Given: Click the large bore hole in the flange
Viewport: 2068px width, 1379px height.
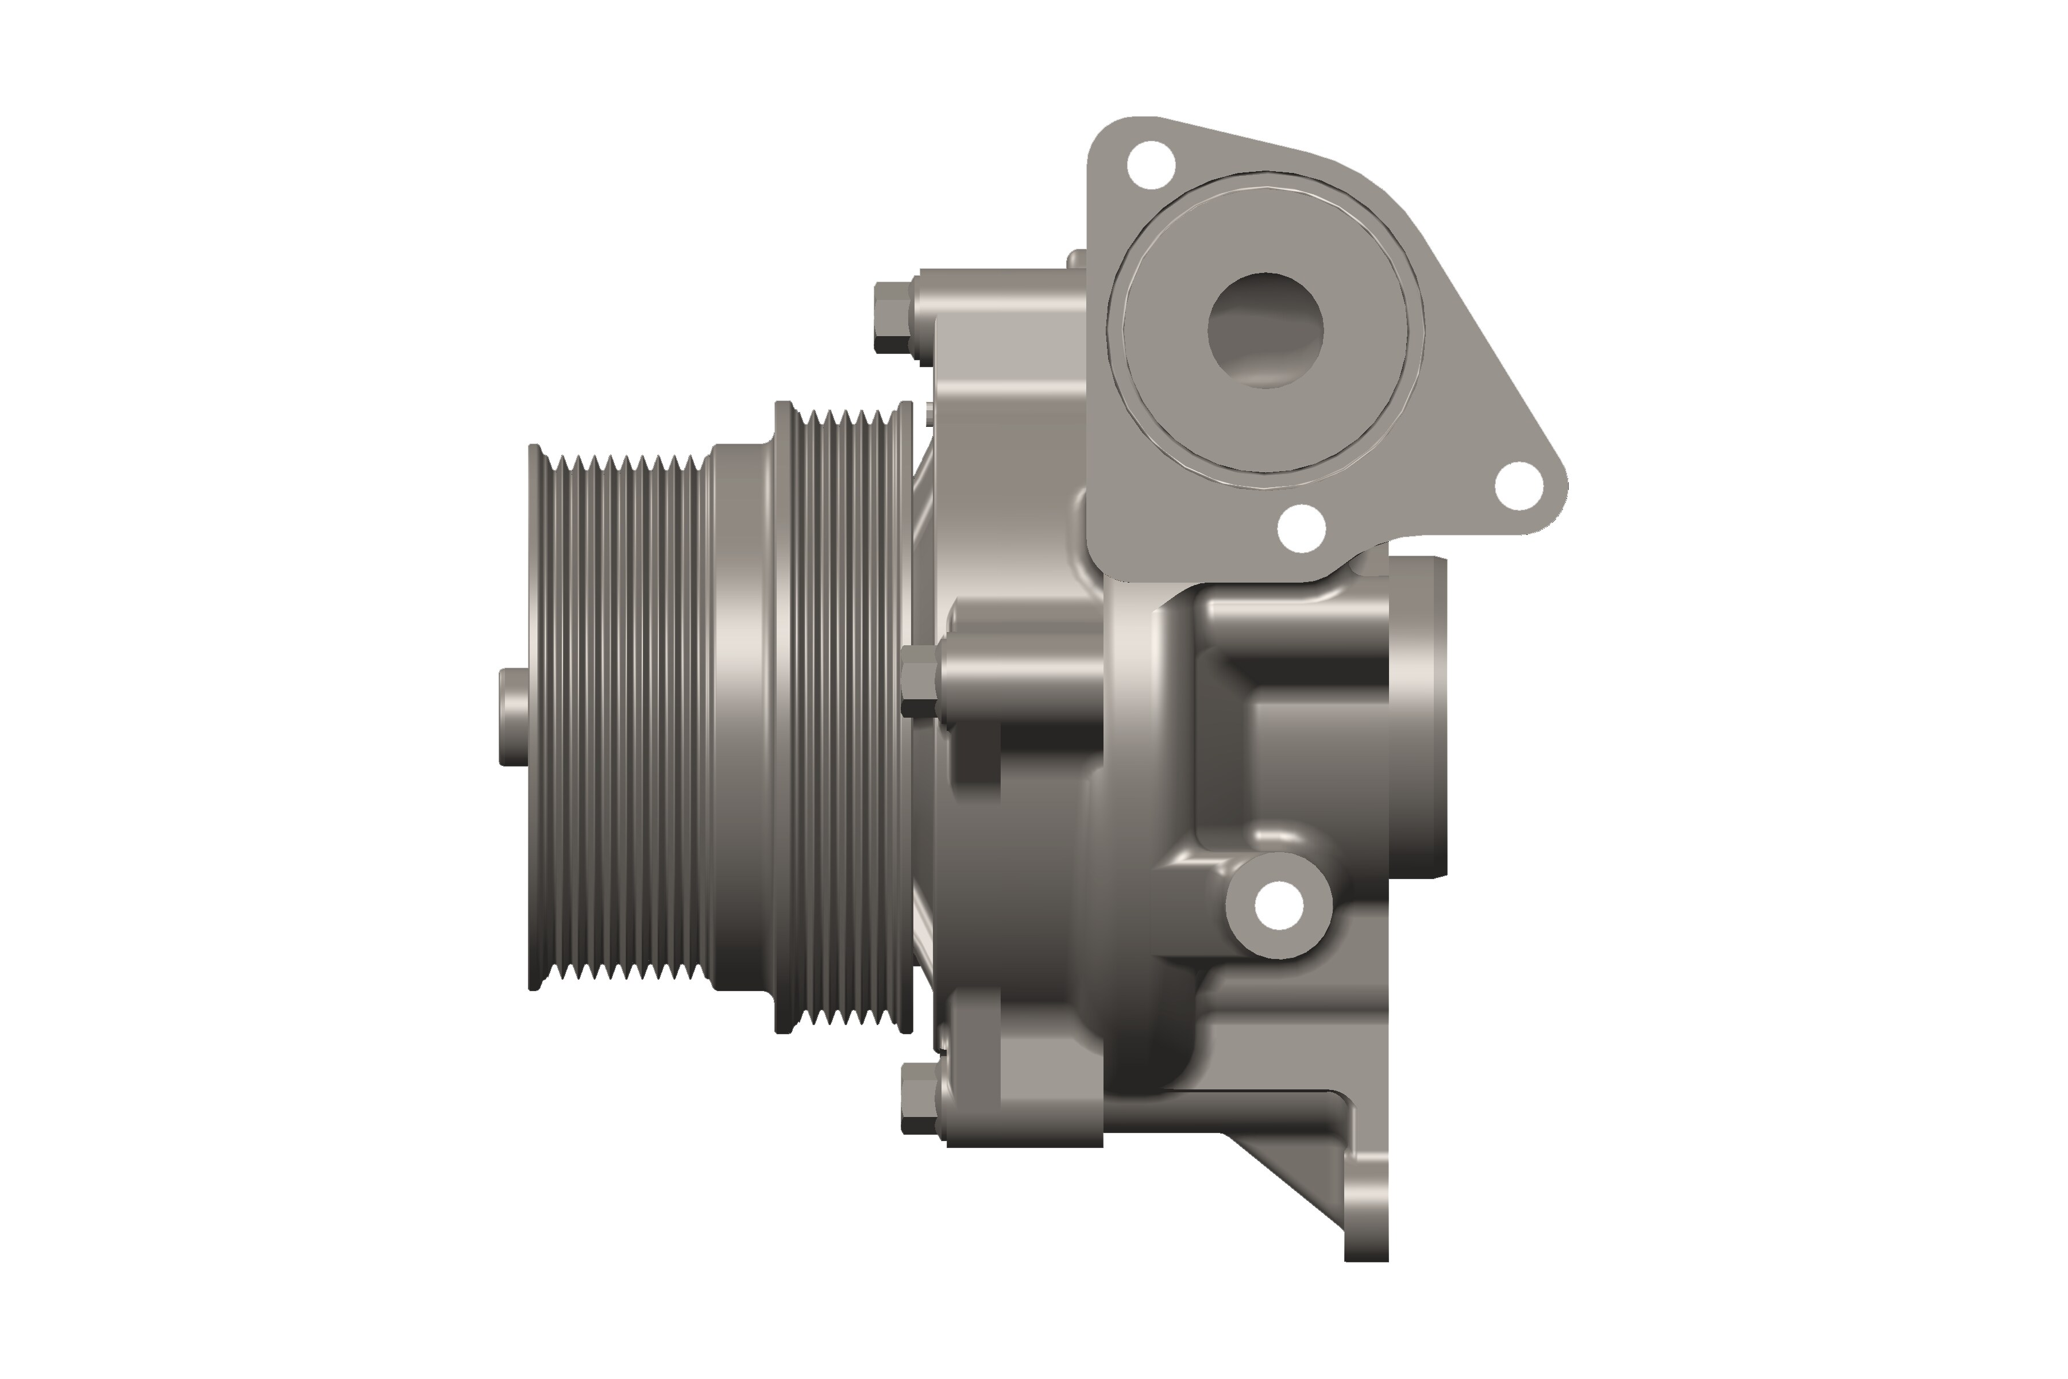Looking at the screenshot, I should coord(1266,330).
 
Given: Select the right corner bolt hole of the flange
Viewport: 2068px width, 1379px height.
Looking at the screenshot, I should coord(1518,486).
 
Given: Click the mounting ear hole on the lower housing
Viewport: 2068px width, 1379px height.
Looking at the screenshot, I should coord(1279,905).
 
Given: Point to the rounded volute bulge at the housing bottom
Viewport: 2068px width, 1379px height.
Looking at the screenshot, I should coord(1143,1011).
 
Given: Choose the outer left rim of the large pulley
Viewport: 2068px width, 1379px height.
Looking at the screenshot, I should coord(533,717).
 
